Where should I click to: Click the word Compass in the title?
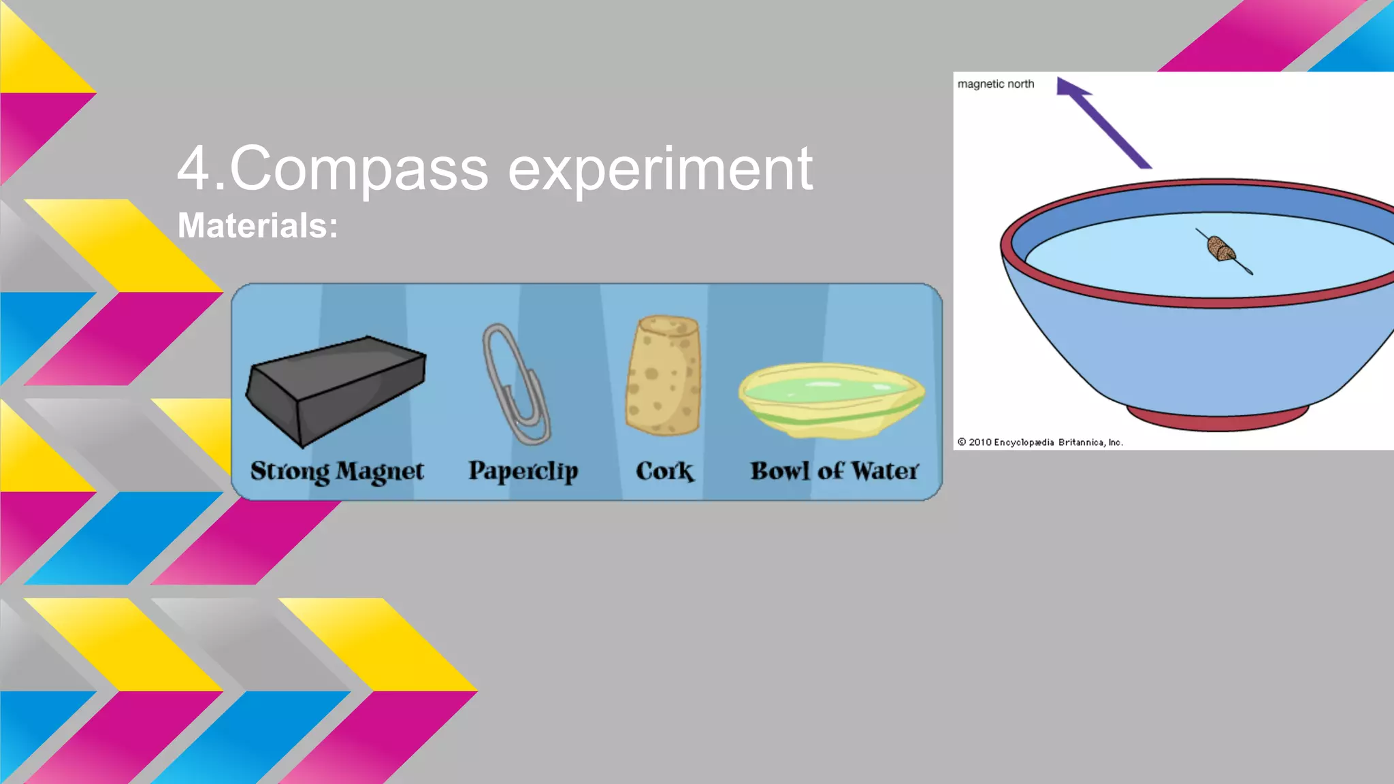tap(359, 169)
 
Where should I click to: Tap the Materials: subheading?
tap(257, 225)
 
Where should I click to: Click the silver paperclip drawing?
tap(515, 385)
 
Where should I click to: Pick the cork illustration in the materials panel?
tap(664, 374)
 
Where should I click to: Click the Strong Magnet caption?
tap(337, 471)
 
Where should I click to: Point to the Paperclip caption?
tap(523, 471)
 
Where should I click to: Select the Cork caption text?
tap(664, 471)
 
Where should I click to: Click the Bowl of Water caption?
tap(834, 471)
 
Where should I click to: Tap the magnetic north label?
tap(995, 84)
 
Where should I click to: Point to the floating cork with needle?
tap(1222, 250)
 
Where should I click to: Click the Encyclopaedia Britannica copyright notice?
tap(1039, 442)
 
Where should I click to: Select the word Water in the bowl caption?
tap(885, 471)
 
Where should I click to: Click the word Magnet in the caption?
tap(380, 471)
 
